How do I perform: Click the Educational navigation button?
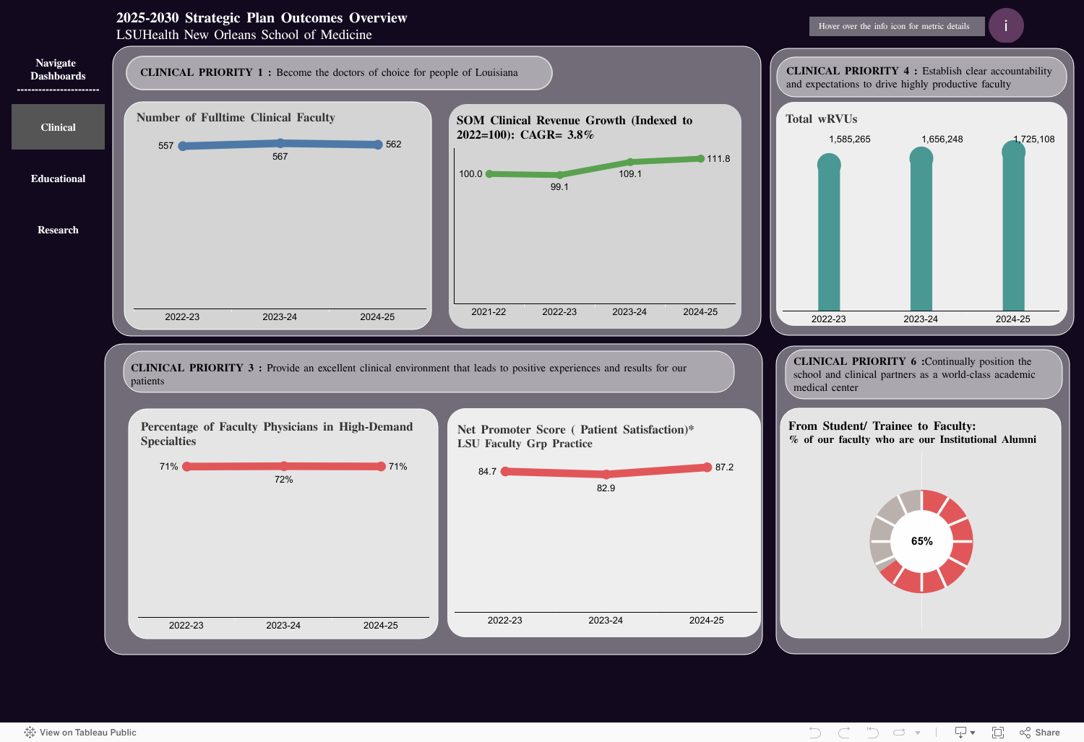click(x=58, y=178)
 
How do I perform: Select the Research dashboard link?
click(x=58, y=230)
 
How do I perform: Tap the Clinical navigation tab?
click(x=58, y=127)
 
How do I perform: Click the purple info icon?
click(x=1006, y=25)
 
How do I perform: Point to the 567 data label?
click(x=280, y=156)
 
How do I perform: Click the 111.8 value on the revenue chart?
click(x=718, y=159)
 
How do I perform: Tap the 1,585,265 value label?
click(x=850, y=139)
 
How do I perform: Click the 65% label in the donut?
click(x=922, y=541)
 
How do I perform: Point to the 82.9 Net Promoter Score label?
click(x=606, y=488)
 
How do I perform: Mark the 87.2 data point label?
click(x=724, y=467)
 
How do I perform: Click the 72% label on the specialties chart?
click(x=284, y=480)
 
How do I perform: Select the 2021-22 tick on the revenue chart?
click(x=489, y=312)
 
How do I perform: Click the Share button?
click(x=1040, y=733)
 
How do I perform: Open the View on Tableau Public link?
click(x=80, y=733)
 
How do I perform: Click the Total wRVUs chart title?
click(x=822, y=119)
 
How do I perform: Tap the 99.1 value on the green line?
click(x=559, y=187)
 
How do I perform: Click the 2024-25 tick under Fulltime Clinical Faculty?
click(x=377, y=317)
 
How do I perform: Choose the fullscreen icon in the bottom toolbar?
click(x=998, y=733)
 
